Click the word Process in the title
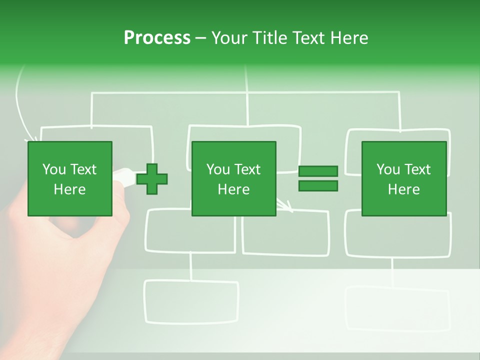pos(157,38)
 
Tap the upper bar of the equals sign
pos(318,171)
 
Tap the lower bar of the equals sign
pos(318,186)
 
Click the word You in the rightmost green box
pos(388,169)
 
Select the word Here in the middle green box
pos(233,189)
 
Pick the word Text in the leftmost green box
pos(83,169)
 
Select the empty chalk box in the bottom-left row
pos(191,301)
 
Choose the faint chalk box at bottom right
pos(397,307)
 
